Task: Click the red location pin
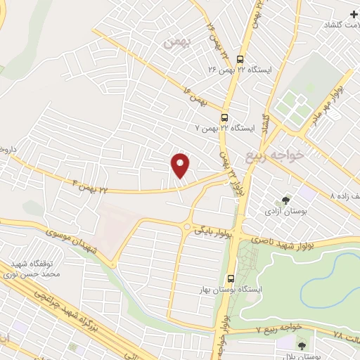(x=181, y=165)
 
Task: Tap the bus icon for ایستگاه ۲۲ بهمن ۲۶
(x=241, y=60)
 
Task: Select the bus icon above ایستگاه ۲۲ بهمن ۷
(x=225, y=117)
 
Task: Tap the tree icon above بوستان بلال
(x=301, y=345)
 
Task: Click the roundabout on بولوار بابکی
(x=188, y=226)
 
